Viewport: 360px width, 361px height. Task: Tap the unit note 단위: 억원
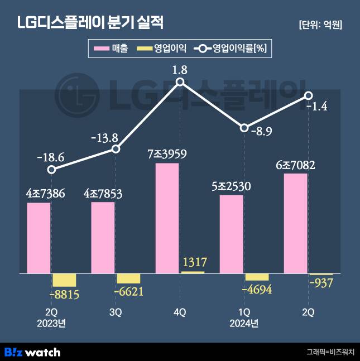[x=320, y=25]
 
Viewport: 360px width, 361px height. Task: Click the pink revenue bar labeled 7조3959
[x=167, y=218]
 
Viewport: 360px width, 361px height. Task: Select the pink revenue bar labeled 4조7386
[x=39, y=238]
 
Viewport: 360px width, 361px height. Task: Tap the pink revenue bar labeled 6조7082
[x=295, y=223]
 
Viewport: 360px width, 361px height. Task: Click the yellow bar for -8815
[x=64, y=280]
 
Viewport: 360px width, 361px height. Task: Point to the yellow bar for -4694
[x=257, y=277]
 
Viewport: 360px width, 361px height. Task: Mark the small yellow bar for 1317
[x=193, y=272]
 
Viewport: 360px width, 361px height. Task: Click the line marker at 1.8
[x=180, y=82]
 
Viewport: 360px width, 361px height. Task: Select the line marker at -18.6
[x=51, y=170]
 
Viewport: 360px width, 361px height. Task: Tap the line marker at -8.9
[x=244, y=128]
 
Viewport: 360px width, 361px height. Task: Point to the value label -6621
[x=129, y=291]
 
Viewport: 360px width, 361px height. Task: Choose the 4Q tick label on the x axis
[x=180, y=313]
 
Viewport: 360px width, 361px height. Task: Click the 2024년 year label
[x=244, y=323]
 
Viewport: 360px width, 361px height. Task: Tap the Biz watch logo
[x=32, y=352]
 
